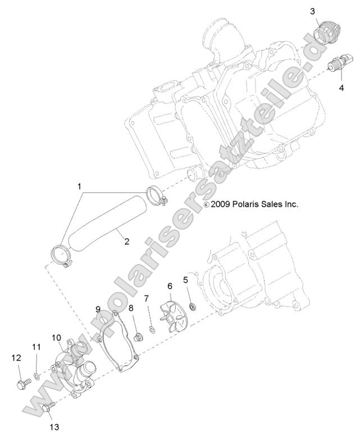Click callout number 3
tap(313, 12)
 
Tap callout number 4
tap(341, 88)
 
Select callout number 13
tap(54, 427)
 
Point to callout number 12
tap(16, 358)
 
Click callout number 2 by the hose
tap(127, 242)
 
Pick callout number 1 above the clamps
tap(79, 186)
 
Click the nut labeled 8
tap(138, 338)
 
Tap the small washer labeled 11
tap(37, 377)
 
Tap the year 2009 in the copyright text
tap(220, 204)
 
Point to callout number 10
tap(56, 338)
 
